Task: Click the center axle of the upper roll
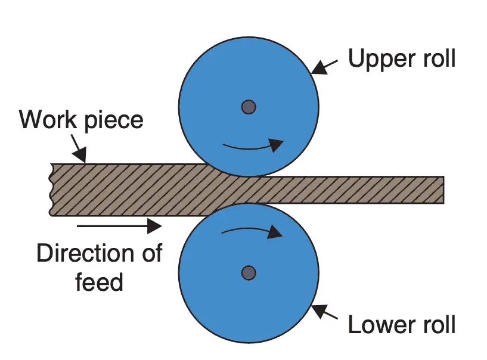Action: pyautogui.click(x=249, y=107)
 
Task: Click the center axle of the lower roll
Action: pyautogui.click(x=249, y=273)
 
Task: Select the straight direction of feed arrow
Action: pyautogui.click(x=119, y=225)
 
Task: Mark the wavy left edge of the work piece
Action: pyautogui.click(x=52, y=190)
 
